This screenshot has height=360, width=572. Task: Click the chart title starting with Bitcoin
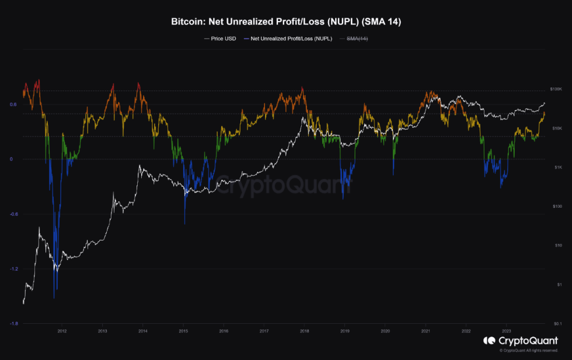(286, 23)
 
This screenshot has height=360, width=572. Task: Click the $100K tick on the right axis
(556, 89)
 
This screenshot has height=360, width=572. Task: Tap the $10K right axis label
(556, 128)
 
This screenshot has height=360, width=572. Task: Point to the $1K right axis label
(557, 167)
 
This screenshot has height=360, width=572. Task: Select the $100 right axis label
(557, 207)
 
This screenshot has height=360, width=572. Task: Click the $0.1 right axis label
(557, 323)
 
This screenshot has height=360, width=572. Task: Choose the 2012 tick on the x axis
(62, 330)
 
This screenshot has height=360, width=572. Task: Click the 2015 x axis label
(183, 330)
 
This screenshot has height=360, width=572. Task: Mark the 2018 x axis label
(304, 330)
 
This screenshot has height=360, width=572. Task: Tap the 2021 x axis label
(425, 330)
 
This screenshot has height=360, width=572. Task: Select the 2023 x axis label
(507, 330)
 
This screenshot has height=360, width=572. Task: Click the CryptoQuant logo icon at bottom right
(489, 341)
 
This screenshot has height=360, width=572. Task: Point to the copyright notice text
(528, 351)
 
